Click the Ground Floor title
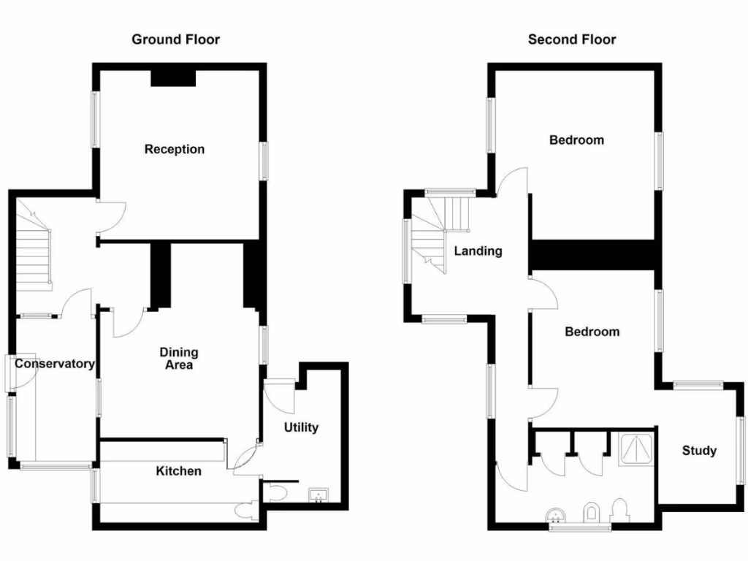[x=175, y=39]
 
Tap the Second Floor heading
[x=572, y=39]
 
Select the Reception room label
[x=175, y=149]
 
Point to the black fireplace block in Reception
[x=174, y=78]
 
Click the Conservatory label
[x=55, y=364]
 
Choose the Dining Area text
[x=178, y=358]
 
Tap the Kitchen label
[x=178, y=471]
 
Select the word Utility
[x=301, y=427]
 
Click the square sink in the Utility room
[x=318, y=496]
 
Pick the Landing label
[x=478, y=251]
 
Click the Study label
[x=699, y=451]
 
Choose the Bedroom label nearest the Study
[x=592, y=332]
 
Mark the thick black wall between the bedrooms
[x=592, y=255]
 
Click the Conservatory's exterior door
[x=9, y=373]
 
